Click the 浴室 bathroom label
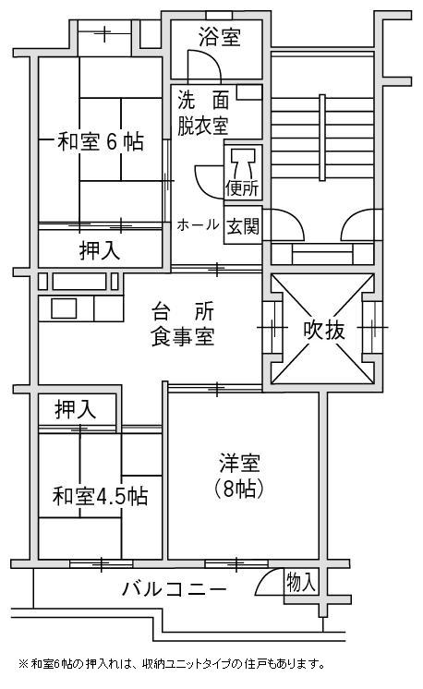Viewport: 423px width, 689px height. pyautogui.click(x=220, y=36)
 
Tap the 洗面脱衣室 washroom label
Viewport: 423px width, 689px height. pyautogui.click(x=203, y=114)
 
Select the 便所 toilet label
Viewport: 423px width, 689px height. pyautogui.click(x=242, y=188)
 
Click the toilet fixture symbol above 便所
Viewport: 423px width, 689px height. pyautogui.click(x=243, y=162)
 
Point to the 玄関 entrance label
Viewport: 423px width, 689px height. pyautogui.click(x=243, y=226)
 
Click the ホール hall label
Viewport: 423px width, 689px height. pyautogui.click(x=198, y=225)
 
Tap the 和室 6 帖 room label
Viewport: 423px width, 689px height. pyautogui.click(x=101, y=141)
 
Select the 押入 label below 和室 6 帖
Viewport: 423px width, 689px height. pyautogui.click(x=100, y=251)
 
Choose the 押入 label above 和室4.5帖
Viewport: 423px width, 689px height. pyautogui.click(x=76, y=409)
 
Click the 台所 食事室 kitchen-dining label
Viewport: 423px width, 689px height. pyautogui.click(x=183, y=324)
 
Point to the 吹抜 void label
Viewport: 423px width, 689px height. pyautogui.click(x=324, y=331)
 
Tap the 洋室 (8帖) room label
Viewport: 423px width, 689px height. pyautogui.click(x=239, y=476)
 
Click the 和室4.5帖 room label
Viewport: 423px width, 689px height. pyautogui.click(x=100, y=496)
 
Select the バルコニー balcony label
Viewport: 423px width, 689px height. pyautogui.click(x=175, y=589)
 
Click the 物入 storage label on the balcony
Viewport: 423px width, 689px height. pyautogui.click(x=301, y=583)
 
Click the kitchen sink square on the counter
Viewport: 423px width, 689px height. pyautogui.click(x=64, y=308)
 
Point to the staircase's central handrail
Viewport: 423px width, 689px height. pyautogui.click(x=322, y=137)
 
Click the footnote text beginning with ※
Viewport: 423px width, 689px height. pyautogui.click(x=171, y=663)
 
